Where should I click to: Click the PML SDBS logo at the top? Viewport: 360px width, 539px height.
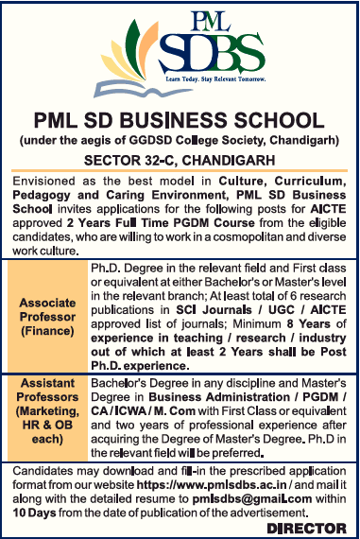coord(180,52)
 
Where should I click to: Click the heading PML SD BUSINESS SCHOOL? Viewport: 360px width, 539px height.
coord(180,121)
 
